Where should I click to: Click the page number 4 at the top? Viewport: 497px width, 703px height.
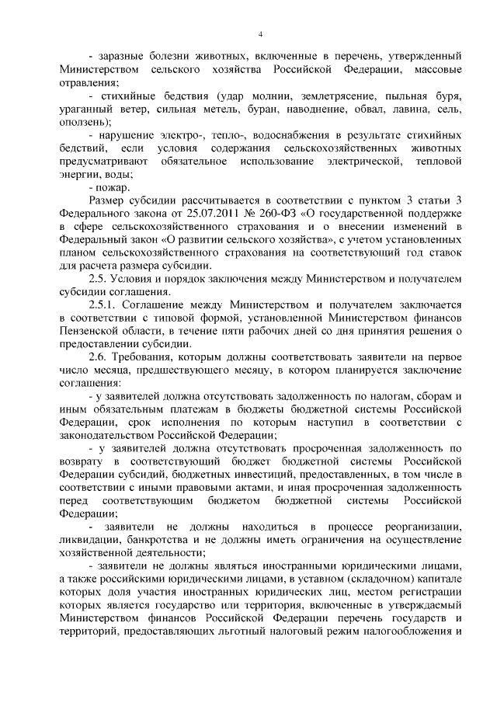coord(261,33)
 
